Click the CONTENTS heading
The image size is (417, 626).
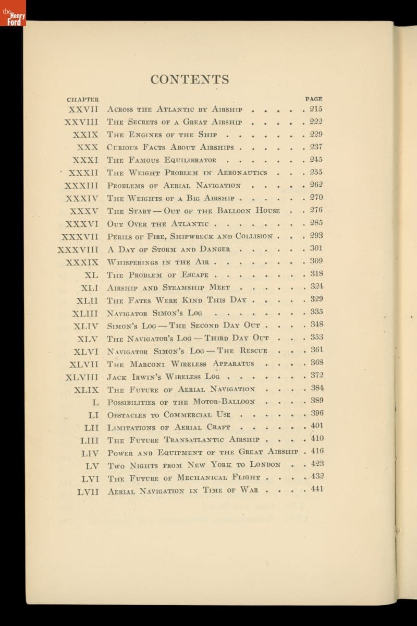190,80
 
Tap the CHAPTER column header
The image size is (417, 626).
82,99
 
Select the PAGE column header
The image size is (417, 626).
314,98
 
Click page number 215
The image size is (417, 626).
316,110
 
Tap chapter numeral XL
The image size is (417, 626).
91,274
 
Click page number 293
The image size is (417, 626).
316,236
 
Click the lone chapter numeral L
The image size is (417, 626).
94,402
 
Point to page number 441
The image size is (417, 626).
316,489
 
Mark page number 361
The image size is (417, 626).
316,350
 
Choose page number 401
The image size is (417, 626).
316,426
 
